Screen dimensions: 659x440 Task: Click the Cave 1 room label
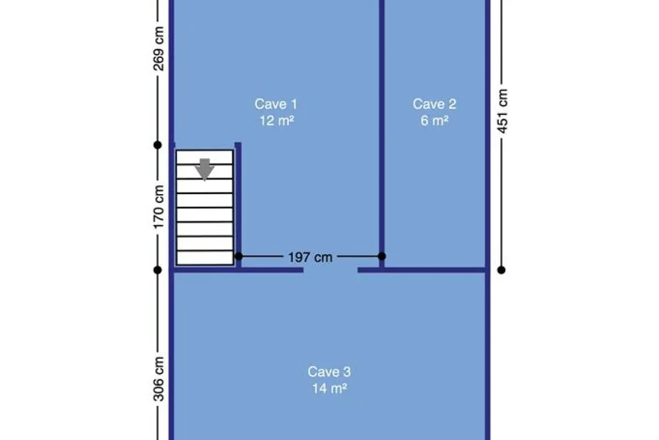tap(276, 104)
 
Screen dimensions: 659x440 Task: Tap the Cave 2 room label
tap(434, 104)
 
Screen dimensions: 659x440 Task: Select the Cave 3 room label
tap(329, 372)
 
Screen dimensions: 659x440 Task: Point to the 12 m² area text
tap(277, 120)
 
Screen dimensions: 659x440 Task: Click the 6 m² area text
tap(434, 120)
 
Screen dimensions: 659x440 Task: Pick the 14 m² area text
tap(329, 388)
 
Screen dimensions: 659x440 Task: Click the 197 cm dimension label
tap(310, 257)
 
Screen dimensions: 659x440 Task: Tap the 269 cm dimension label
tap(159, 48)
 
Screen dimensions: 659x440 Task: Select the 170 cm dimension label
tap(159, 207)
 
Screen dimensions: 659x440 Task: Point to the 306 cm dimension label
tap(159, 379)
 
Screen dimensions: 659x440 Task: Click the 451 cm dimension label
tap(502, 111)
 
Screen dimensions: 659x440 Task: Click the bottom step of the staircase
tap(205, 258)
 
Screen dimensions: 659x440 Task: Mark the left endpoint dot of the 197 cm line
tap(238, 256)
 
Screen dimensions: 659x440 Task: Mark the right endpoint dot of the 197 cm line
tap(382, 256)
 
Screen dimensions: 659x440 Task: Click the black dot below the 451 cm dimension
tap(501, 270)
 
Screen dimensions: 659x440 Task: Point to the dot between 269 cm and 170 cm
tap(158, 145)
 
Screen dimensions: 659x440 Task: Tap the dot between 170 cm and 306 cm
tap(158, 270)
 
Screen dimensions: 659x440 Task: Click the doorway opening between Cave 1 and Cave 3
tap(331, 270)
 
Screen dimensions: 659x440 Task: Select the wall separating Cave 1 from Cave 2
tap(382, 134)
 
